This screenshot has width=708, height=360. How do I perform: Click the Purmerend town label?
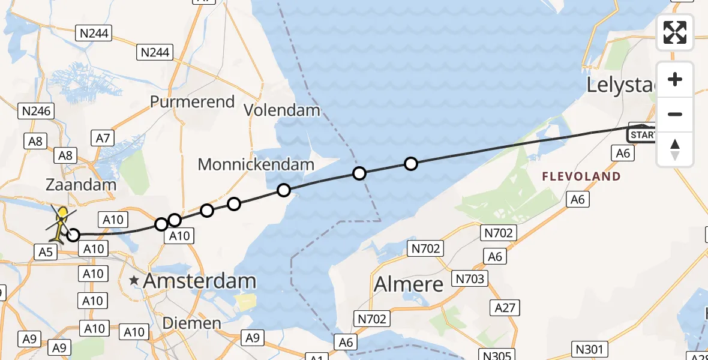click(192, 101)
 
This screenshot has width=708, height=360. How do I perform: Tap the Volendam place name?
click(282, 110)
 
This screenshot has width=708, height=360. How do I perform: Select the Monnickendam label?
click(256, 164)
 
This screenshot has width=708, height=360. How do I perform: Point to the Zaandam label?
click(81, 184)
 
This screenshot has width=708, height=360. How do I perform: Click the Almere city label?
click(409, 284)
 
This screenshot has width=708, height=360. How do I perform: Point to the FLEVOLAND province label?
click(581, 176)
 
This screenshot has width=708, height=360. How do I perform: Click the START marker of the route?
click(642, 134)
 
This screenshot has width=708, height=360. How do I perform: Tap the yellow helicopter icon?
click(62, 223)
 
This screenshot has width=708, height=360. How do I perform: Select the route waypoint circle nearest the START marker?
click(410, 163)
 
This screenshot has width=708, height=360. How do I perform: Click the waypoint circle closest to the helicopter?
click(73, 235)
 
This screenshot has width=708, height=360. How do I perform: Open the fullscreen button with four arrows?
click(675, 32)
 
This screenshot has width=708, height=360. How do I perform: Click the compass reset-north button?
click(675, 149)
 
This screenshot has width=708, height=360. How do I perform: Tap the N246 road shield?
click(37, 110)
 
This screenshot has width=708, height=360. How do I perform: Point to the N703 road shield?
click(470, 278)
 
